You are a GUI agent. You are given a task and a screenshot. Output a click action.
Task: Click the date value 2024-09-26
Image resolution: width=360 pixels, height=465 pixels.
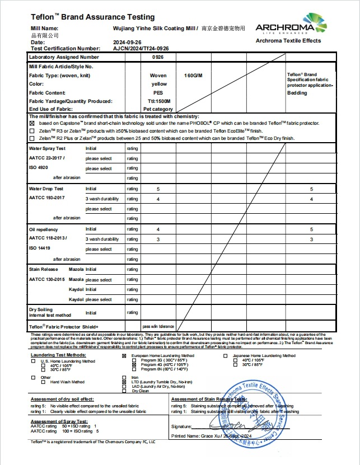pos(127,42)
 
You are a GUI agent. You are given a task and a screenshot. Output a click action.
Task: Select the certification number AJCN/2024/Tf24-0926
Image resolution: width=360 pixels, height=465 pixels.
pos(141,49)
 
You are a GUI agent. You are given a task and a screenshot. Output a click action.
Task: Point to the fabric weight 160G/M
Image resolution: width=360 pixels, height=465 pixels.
pos(193,76)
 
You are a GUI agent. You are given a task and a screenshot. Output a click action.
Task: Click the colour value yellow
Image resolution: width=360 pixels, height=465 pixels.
pos(159,84)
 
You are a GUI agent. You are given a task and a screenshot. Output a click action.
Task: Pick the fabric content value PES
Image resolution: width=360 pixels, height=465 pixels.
pos(158,92)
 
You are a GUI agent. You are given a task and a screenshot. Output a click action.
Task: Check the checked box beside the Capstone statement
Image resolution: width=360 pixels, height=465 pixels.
pos(32,123)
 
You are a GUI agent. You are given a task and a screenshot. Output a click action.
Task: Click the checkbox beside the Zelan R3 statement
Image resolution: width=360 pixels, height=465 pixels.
pos(32,130)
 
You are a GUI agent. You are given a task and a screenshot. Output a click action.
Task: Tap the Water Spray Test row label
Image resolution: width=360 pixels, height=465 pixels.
pos(47,149)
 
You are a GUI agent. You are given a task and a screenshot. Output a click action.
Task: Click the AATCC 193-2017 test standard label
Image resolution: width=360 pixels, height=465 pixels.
pos(47,198)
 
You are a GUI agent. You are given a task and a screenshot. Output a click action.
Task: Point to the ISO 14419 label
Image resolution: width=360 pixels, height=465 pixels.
pos(40,247)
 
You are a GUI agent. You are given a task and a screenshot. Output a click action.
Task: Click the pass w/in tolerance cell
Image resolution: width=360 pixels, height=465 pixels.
pos(158,326)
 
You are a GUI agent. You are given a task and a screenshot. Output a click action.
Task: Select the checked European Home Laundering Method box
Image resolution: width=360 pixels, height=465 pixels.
pos(124,355)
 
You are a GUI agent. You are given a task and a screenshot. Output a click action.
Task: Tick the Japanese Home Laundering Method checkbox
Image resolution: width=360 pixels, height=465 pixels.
pos(225,355)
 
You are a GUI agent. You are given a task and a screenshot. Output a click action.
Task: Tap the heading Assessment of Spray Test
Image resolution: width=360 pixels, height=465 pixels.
pos(59,421)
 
